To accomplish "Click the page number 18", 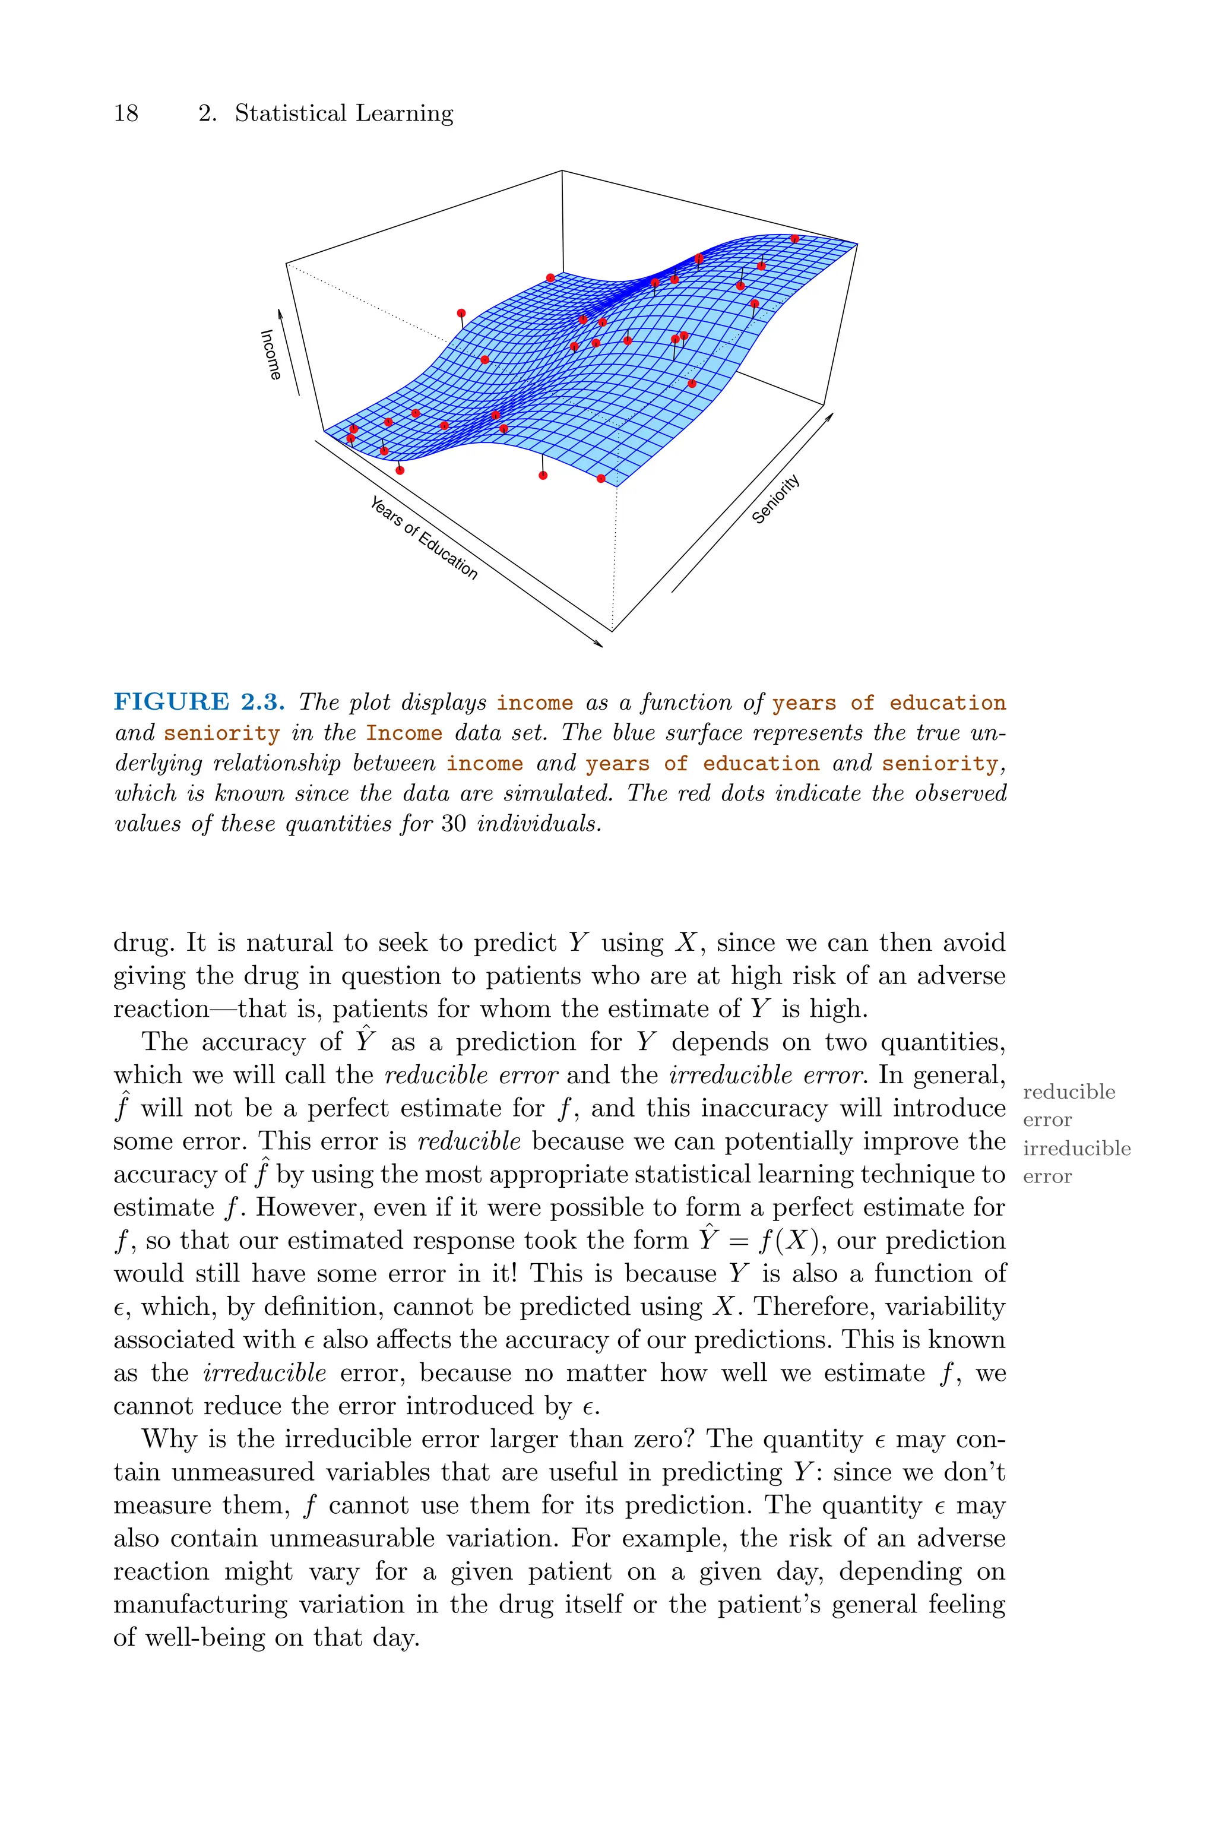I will pyautogui.click(x=126, y=114).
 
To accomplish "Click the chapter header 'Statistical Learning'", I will pyautogui.click(x=344, y=114).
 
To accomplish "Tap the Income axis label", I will pyautogui.click(x=271, y=355).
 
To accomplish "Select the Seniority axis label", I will pyautogui.click(x=775, y=500).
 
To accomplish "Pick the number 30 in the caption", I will pyautogui.click(x=454, y=824).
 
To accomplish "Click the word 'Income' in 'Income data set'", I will pyautogui.click(x=404, y=733).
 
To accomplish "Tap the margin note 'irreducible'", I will pyautogui.click(x=1076, y=1149).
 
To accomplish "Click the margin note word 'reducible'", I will pyautogui.click(x=1069, y=1092).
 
